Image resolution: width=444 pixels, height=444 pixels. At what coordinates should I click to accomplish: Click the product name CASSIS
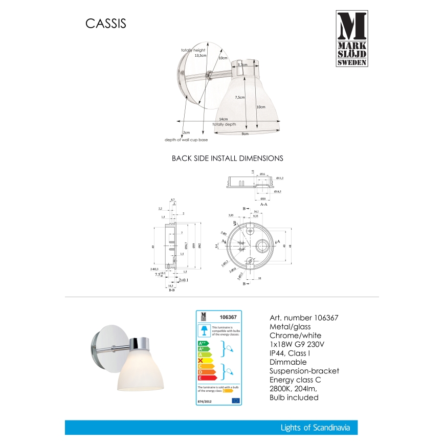click(104, 24)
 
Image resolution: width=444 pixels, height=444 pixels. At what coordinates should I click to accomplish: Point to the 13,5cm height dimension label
click(201, 56)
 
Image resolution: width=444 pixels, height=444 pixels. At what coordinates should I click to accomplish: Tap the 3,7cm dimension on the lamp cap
click(242, 65)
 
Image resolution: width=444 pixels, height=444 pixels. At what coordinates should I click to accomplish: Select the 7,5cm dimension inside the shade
click(239, 97)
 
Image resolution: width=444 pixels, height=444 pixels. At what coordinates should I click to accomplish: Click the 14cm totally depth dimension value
click(223, 119)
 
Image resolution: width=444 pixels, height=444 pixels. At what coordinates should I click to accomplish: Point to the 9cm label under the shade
click(245, 134)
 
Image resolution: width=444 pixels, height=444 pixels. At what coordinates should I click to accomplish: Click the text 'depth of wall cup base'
click(186, 140)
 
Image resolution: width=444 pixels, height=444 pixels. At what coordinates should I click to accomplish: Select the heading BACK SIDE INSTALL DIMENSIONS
click(227, 159)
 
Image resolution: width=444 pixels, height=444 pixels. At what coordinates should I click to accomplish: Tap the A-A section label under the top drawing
click(264, 204)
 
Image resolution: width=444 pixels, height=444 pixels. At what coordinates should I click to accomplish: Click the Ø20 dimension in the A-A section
click(262, 198)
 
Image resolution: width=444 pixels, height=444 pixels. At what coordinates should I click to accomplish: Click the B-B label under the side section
click(172, 289)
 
